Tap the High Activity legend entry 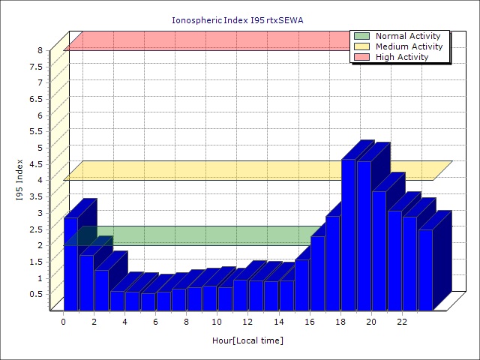pyautogui.click(x=402, y=57)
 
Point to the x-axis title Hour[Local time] pyautogui.click(x=247, y=340)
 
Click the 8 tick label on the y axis pyautogui.click(x=41, y=50)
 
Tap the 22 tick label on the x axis pyautogui.click(x=401, y=322)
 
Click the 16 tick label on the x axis pyautogui.click(x=309, y=322)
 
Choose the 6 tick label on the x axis pyautogui.click(x=155, y=322)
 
